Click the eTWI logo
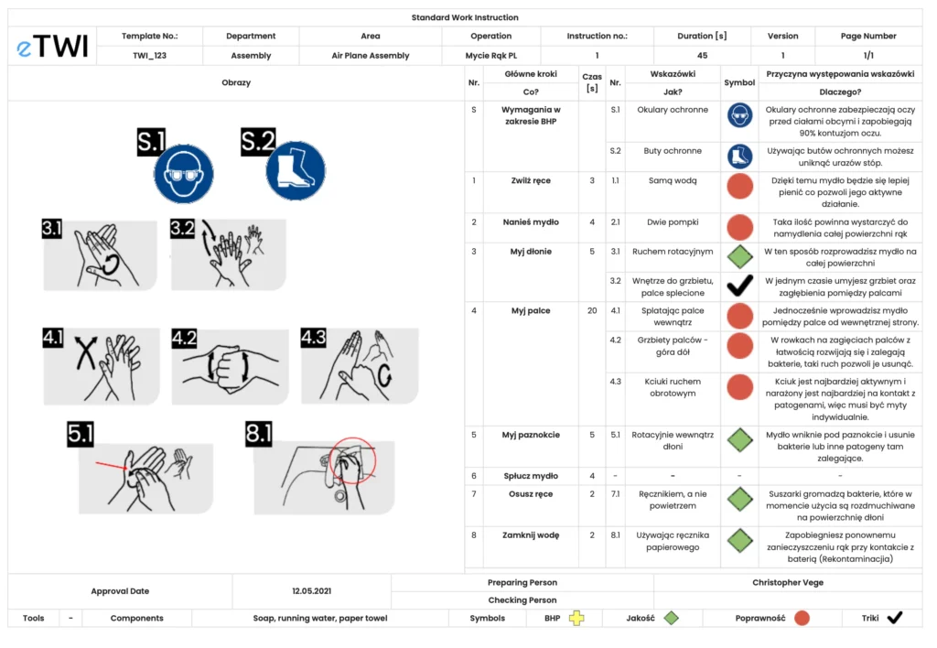(52, 47)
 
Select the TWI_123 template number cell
(149, 56)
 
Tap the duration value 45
(702, 56)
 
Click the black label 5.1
(81, 434)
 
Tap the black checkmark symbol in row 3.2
(739, 286)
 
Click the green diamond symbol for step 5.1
(739, 440)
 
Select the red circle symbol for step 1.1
(739, 187)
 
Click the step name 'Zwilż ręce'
(531, 181)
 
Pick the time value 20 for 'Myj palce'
(591, 311)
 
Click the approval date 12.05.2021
(311, 591)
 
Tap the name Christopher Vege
(787, 582)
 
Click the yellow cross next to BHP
(576, 618)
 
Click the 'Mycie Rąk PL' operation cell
(491, 56)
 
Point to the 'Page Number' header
(868, 37)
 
